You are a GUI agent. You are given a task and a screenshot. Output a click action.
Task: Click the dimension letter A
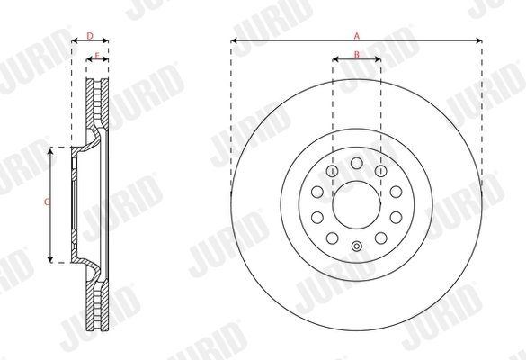click(357, 35)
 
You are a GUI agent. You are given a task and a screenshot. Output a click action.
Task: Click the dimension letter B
click(357, 56)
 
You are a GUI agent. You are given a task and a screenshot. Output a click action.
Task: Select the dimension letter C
click(47, 203)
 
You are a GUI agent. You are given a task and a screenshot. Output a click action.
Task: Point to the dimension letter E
click(96, 56)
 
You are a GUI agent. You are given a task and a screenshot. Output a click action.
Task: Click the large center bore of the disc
click(357, 205)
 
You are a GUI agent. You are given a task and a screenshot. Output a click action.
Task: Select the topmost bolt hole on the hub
click(357, 162)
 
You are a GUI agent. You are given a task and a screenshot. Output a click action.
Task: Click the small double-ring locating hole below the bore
click(357, 248)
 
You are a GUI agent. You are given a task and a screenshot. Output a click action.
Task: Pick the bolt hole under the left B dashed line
click(333, 170)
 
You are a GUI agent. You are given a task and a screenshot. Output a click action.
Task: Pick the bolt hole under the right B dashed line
click(381, 170)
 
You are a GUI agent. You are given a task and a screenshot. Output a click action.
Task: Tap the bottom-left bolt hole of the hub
click(332, 238)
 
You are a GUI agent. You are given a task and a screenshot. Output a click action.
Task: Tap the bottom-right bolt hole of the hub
click(382, 238)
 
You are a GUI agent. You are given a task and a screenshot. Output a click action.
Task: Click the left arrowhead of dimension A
click(233, 41)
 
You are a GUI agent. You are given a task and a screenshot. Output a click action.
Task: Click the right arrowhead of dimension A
click(481, 41)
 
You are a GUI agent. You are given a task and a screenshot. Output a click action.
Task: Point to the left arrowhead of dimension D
click(74, 41)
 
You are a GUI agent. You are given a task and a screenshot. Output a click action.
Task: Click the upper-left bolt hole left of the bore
click(316, 191)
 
